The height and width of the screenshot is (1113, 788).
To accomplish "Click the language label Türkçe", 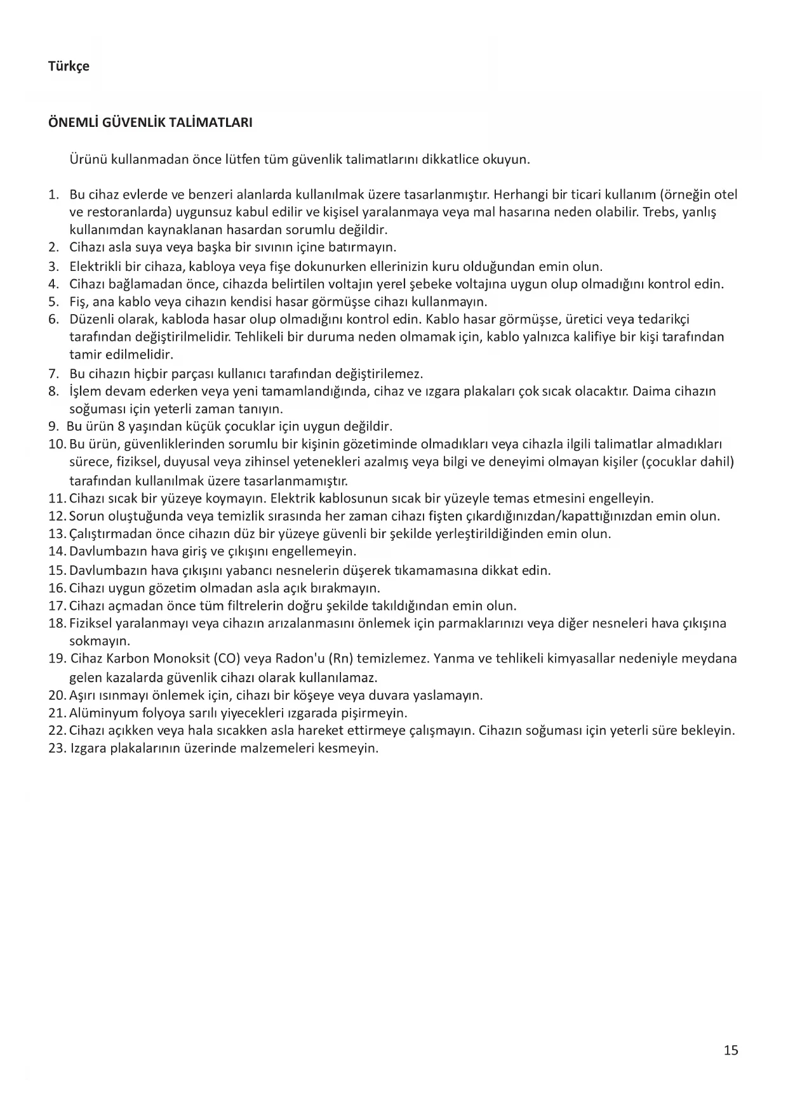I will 69,67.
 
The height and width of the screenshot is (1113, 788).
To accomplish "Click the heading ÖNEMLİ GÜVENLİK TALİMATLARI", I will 150,122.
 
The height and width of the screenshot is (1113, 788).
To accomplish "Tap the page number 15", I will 731,1050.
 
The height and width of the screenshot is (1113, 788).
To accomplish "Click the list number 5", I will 53,301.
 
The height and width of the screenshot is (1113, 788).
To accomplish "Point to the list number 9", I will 53,426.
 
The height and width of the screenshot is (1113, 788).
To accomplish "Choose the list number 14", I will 57,551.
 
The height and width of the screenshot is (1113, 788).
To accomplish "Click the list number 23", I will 57,748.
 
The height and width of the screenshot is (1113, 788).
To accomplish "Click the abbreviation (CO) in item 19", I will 227,659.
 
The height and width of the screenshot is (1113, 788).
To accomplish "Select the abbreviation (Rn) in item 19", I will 340,659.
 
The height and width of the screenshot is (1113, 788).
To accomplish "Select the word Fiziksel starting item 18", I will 92,623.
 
